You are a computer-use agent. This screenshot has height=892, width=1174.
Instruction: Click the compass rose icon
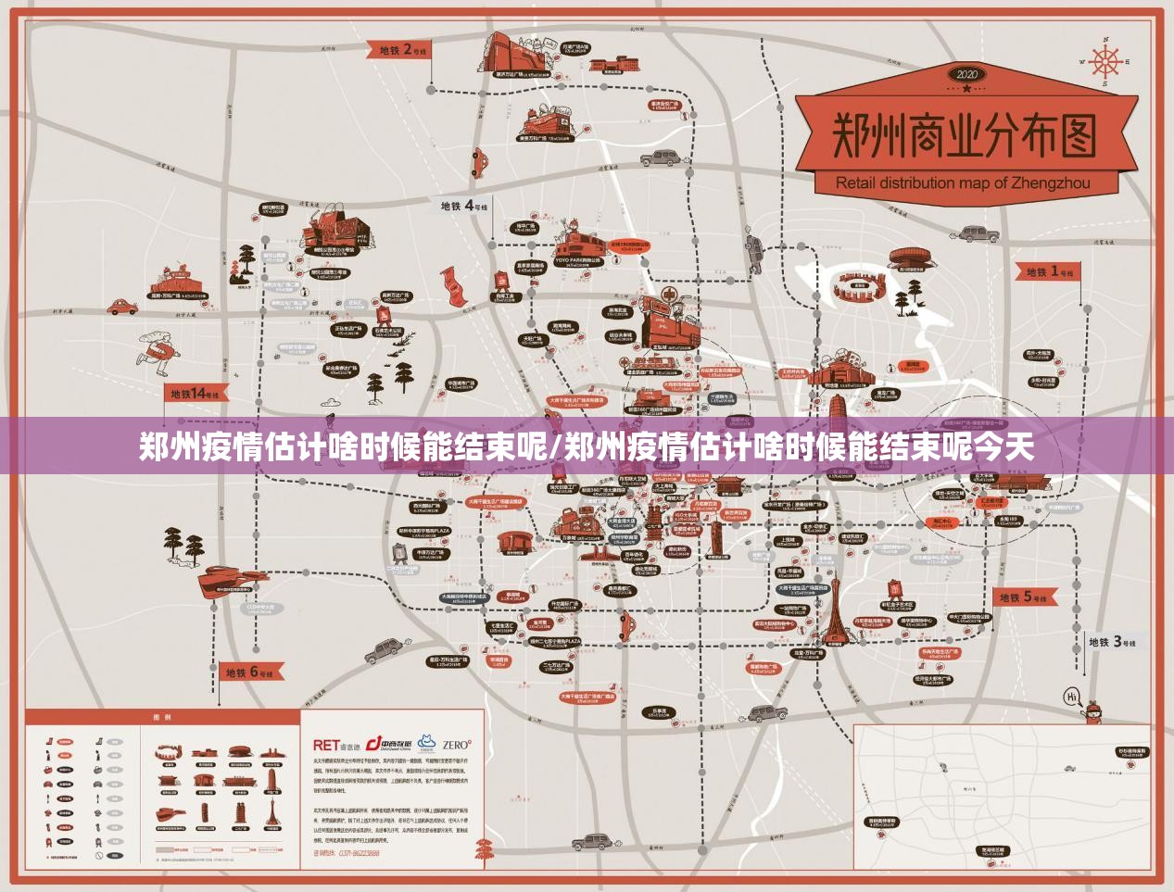(x=1105, y=63)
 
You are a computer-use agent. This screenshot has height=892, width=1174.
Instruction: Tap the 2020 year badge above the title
(x=966, y=74)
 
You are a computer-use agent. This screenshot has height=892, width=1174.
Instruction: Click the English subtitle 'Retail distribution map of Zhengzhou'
(x=963, y=182)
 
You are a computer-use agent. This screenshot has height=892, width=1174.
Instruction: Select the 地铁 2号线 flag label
(x=401, y=50)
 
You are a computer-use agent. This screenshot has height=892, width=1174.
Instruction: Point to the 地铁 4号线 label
(x=463, y=206)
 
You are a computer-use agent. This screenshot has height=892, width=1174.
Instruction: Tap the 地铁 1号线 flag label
(x=1049, y=272)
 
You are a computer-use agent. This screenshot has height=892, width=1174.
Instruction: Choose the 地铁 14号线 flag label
(x=194, y=394)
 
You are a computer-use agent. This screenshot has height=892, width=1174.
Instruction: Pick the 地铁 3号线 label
(x=1112, y=641)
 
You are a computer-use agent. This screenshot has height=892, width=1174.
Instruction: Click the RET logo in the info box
(x=326, y=745)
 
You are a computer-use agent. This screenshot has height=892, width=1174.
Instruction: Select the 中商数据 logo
(x=388, y=744)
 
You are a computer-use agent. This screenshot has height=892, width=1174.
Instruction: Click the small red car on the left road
(x=120, y=306)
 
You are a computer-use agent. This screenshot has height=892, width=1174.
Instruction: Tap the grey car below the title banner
(x=978, y=233)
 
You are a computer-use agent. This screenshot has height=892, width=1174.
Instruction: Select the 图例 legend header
(x=161, y=717)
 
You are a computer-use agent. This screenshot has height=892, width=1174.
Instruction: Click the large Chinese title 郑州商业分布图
(x=965, y=137)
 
